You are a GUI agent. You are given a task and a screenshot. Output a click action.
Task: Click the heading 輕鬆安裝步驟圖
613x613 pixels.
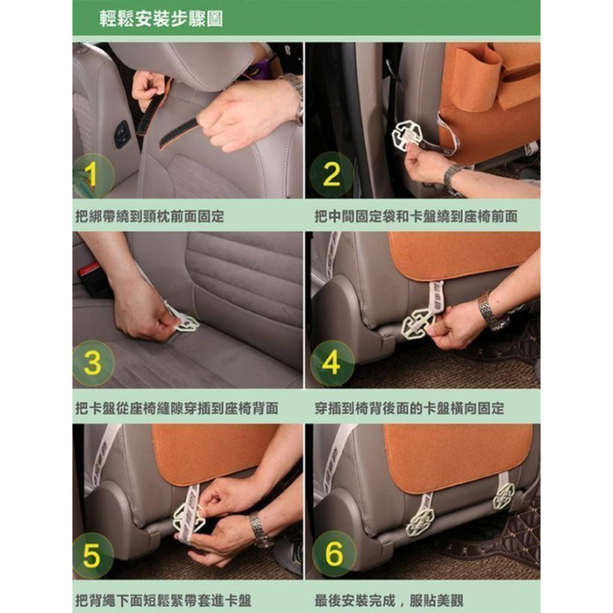pos(161,19)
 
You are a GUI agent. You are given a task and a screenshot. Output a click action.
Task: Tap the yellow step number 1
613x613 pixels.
pos(91,175)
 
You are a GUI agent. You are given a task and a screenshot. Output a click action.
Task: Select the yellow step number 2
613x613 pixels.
pos(332,174)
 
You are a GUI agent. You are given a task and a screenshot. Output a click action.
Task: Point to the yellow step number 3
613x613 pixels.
pos(93,363)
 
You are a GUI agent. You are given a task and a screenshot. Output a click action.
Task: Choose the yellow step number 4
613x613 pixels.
pos(331,362)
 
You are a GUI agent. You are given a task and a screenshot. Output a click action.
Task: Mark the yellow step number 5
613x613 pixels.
pos(91,555)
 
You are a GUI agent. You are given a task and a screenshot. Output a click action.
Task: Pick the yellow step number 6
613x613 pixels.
pos(333,554)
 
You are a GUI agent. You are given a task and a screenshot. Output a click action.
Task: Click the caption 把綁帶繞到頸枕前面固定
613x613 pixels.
pos(150,216)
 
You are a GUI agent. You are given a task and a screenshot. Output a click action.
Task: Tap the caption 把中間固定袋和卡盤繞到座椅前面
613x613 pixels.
pos(416,216)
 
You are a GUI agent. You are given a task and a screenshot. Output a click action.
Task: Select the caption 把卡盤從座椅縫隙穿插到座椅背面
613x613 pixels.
pos(177,408)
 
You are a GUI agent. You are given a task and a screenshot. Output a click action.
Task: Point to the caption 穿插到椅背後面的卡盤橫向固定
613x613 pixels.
pos(409,408)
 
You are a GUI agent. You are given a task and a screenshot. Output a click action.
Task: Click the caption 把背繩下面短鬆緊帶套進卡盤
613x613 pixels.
pos(163,600)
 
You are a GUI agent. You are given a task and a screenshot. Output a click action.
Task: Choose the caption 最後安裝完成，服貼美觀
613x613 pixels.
pos(389,600)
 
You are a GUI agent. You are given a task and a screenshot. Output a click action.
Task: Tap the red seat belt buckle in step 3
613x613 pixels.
pos(90,270)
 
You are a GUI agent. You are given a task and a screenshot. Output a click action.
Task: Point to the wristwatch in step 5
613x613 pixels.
pos(260,529)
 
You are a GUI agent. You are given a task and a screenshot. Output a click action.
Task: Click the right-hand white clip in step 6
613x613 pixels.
pos(504,496)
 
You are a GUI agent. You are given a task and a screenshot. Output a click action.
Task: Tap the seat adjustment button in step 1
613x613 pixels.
pos(122,134)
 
